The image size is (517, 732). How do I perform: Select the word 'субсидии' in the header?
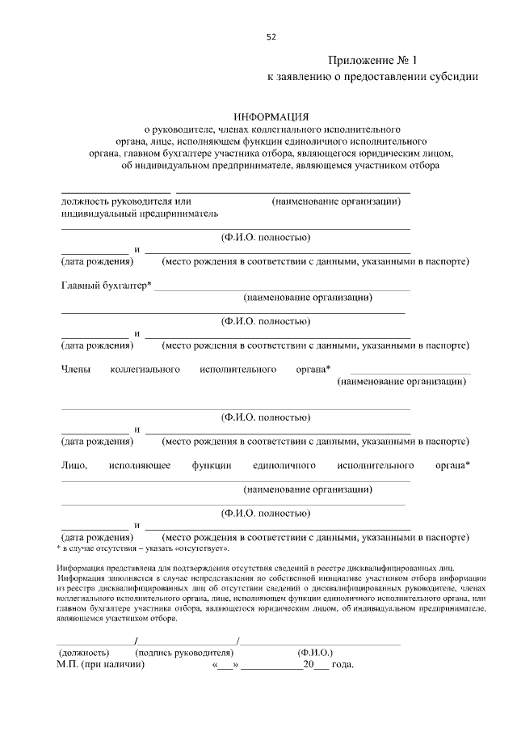[454, 77]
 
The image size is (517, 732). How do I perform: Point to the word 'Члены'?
[75, 370]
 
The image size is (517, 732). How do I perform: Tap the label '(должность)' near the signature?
[82, 652]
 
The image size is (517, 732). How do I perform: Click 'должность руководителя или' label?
[125, 201]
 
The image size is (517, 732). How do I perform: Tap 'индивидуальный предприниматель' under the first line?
[140, 214]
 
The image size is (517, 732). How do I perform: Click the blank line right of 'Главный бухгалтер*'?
[282, 288]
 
